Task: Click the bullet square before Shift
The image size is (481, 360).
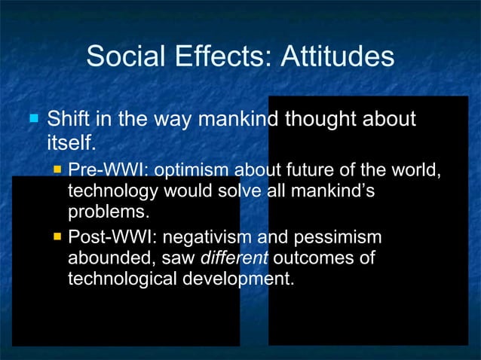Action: (x=32, y=119)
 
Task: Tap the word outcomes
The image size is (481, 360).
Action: (x=306, y=259)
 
